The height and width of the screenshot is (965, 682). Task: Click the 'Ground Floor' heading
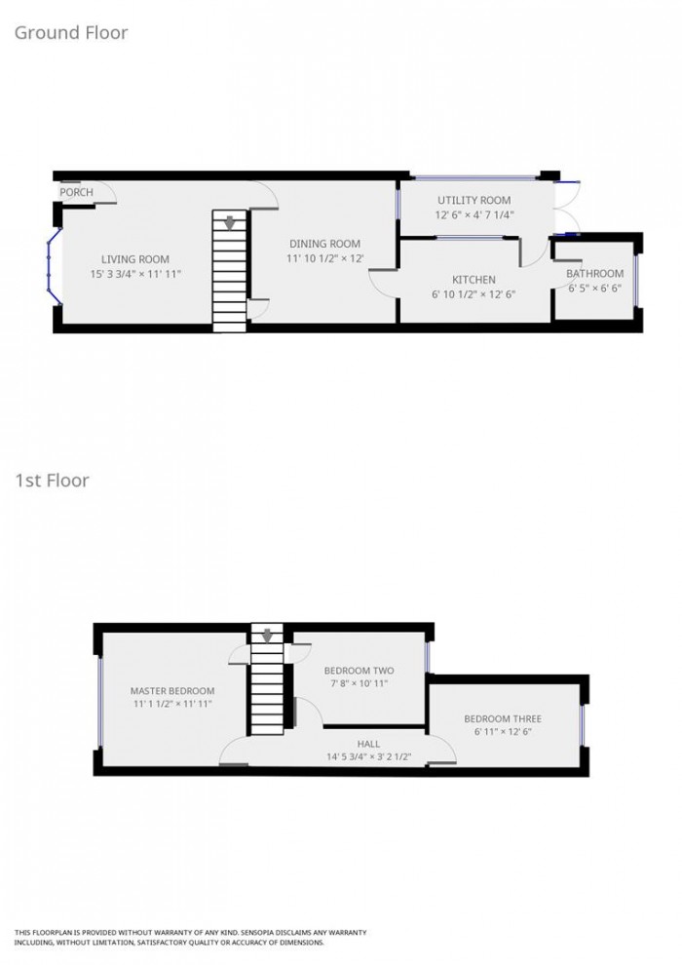pyautogui.click(x=70, y=33)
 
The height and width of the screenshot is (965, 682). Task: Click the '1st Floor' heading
pyautogui.click(x=52, y=480)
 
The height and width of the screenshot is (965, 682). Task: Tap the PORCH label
pyautogui.click(x=77, y=192)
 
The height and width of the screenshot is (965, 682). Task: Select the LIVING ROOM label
pyautogui.click(x=135, y=259)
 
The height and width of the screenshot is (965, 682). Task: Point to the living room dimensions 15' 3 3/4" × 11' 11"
pyautogui.click(x=135, y=275)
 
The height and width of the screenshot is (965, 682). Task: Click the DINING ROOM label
pyautogui.click(x=324, y=244)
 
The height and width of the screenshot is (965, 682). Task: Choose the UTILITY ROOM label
pyautogui.click(x=474, y=200)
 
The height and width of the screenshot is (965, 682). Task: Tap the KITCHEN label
pyautogui.click(x=474, y=280)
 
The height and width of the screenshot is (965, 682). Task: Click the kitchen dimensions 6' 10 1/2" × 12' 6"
pyautogui.click(x=474, y=295)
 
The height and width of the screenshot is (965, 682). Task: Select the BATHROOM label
pyautogui.click(x=595, y=274)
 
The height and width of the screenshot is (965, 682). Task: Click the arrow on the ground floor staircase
pyautogui.click(x=230, y=221)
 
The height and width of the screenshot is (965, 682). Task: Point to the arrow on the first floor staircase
pyautogui.click(x=267, y=636)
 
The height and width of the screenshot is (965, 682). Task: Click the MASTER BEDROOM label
pyautogui.click(x=173, y=691)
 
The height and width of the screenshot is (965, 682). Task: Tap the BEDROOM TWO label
pyautogui.click(x=359, y=671)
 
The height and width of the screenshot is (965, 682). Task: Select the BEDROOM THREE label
pyautogui.click(x=503, y=719)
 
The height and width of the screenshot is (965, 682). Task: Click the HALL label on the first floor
pyautogui.click(x=368, y=742)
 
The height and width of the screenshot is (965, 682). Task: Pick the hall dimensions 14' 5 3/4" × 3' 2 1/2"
pyautogui.click(x=368, y=756)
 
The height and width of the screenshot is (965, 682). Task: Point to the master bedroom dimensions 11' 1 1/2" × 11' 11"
pyautogui.click(x=173, y=706)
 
